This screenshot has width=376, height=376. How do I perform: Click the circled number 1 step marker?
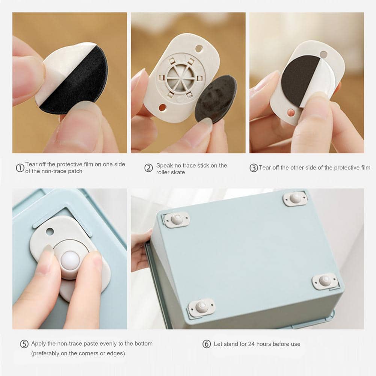20,168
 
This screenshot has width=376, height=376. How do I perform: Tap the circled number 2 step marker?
148,168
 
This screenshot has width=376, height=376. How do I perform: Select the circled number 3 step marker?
254,168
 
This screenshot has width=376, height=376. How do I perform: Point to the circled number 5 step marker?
24,344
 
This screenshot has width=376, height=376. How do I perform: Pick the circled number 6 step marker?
207,344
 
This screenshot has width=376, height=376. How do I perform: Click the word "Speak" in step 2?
165,165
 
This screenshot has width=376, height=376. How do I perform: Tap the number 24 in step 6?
251,344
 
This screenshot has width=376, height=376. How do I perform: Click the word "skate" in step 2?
178,172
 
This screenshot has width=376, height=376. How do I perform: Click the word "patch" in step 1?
75,171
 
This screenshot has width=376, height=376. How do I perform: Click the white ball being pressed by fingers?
70,261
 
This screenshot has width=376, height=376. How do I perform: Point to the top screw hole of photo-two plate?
199,49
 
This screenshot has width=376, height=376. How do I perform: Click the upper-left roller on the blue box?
177,219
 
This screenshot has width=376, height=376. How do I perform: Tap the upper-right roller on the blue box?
295,199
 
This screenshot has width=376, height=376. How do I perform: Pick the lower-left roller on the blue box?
202,307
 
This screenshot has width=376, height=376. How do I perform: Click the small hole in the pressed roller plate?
50,232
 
